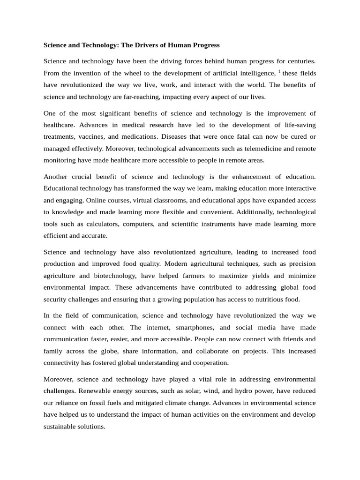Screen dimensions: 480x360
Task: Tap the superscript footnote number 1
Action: (279, 71)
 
